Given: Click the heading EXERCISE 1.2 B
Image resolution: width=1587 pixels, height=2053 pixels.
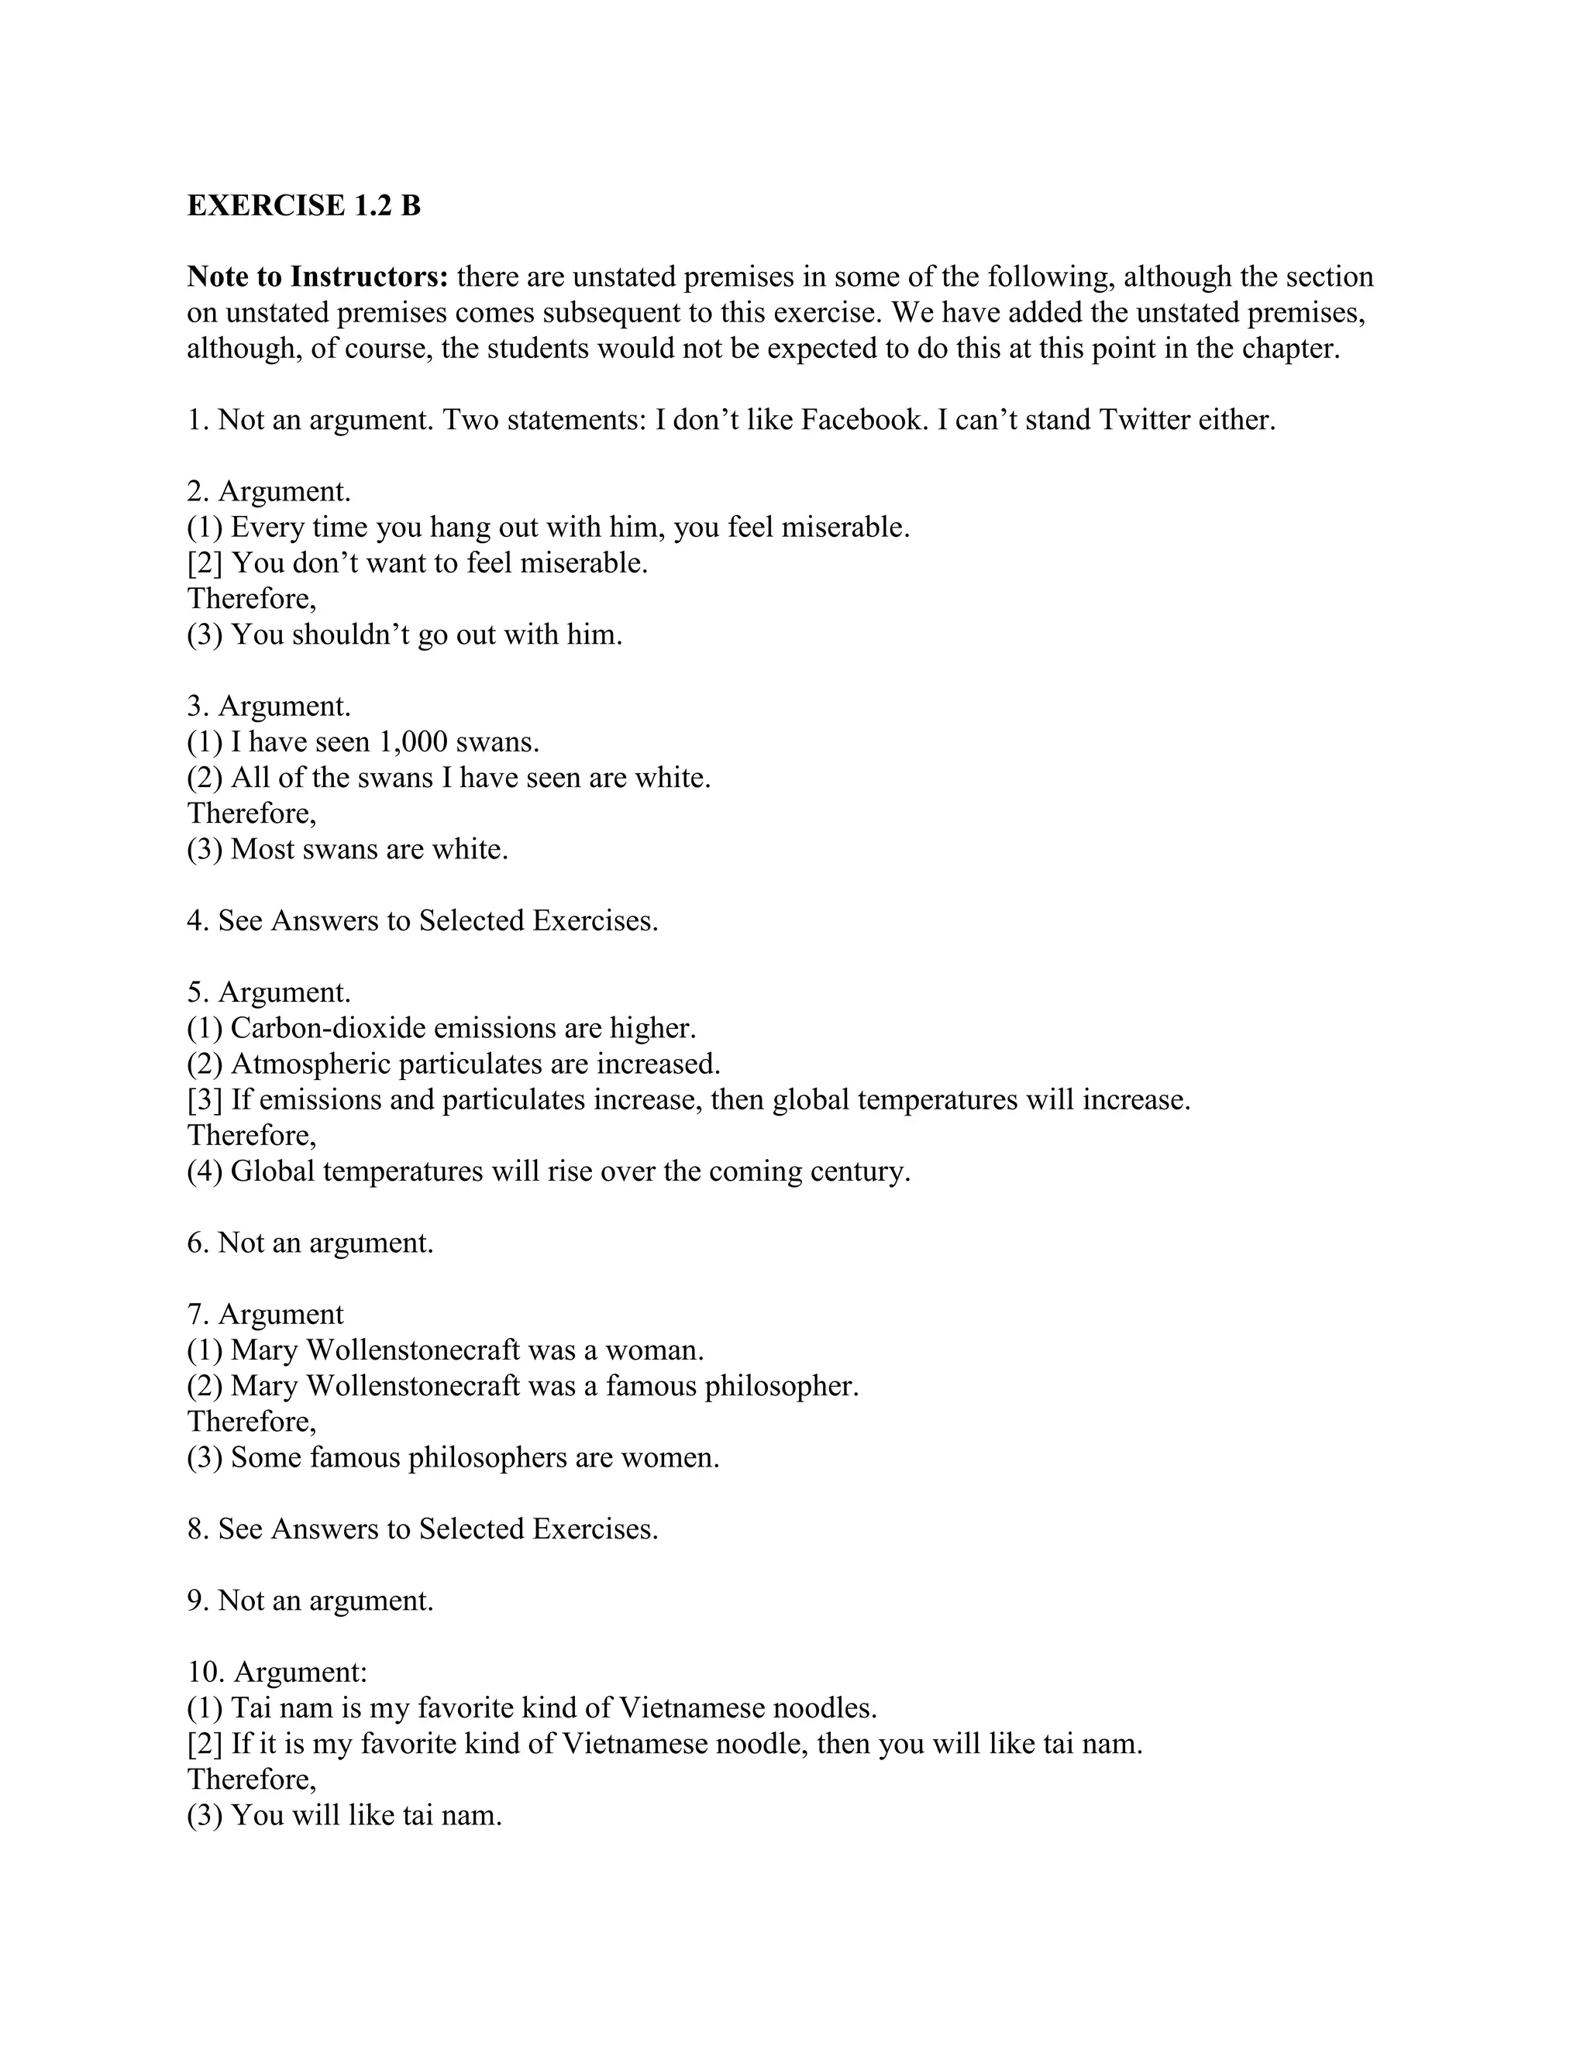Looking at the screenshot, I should [304, 205].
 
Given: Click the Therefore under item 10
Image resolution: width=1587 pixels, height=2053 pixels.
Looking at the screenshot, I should [252, 1780].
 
